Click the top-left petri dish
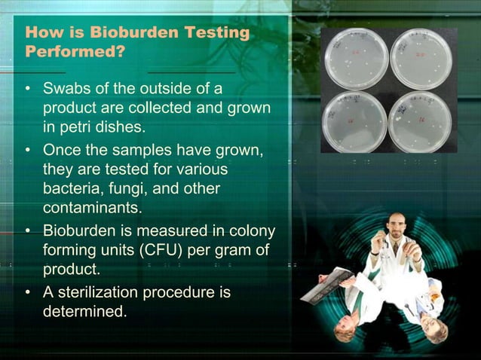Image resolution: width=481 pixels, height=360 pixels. pyautogui.click(x=355, y=59)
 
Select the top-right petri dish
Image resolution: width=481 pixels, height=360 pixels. pyautogui.click(x=421, y=59)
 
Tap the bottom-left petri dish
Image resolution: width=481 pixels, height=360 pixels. pyautogui.click(x=354, y=121)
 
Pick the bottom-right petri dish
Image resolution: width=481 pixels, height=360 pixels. pyautogui.click(x=420, y=121)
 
